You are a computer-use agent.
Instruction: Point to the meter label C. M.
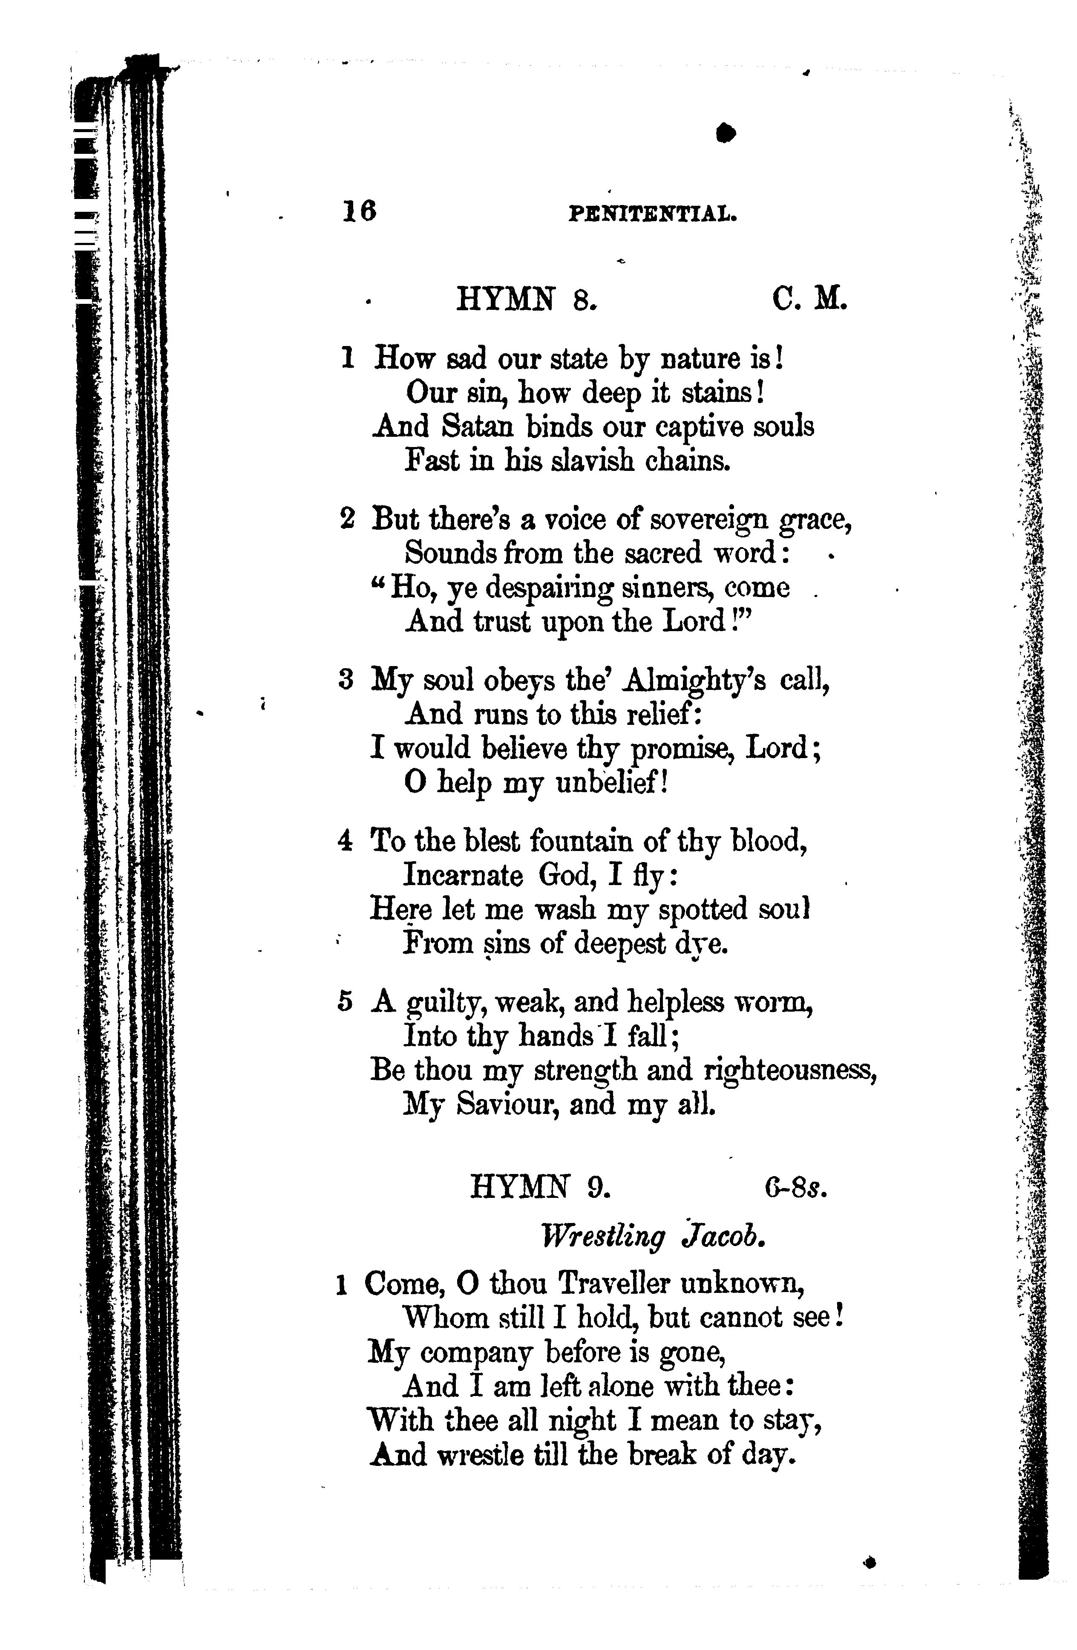[x=809, y=300]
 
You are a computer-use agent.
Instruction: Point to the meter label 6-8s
[x=796, y=1188]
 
